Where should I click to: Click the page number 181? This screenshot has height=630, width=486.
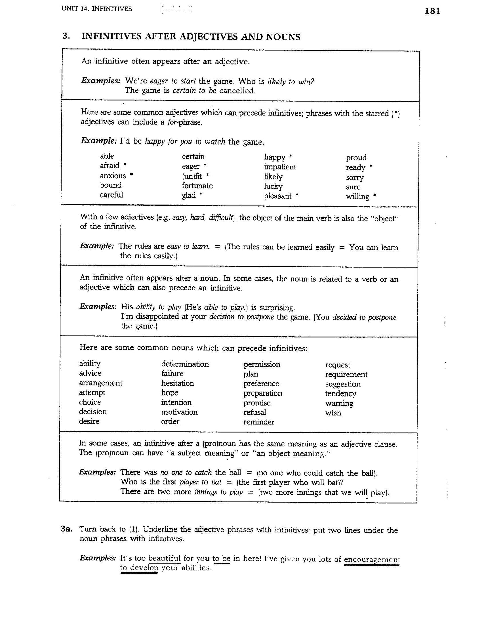(x=432, y=11)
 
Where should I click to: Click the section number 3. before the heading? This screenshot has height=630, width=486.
(x=66, y=36)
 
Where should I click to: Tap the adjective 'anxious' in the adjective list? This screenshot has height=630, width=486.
(x=113, y=176)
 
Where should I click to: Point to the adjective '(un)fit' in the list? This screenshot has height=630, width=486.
(x=192, y=176)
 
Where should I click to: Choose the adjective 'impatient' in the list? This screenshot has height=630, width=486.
(x=280, y=167)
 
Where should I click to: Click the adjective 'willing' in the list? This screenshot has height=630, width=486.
(x=358, y=197)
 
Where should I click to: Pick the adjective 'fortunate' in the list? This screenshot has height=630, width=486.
(x=197, y=186)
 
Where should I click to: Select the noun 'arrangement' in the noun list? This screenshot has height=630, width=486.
(x=101, y=383)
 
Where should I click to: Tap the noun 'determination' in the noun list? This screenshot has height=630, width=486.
(x=185, y=364)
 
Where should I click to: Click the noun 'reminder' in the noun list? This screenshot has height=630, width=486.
(x=259, y=422)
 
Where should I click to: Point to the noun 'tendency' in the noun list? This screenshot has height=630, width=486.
(x=340, y=394)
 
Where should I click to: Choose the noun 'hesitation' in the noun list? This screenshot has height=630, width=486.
(x=178, y=383)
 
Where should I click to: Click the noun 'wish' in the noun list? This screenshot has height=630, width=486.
(x=333, y=413)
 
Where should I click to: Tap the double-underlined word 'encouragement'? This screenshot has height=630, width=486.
(x=372, y=560)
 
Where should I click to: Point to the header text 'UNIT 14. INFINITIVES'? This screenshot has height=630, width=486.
(x=97, y=9)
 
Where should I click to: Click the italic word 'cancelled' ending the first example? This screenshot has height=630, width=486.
(x=237, y=91)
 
